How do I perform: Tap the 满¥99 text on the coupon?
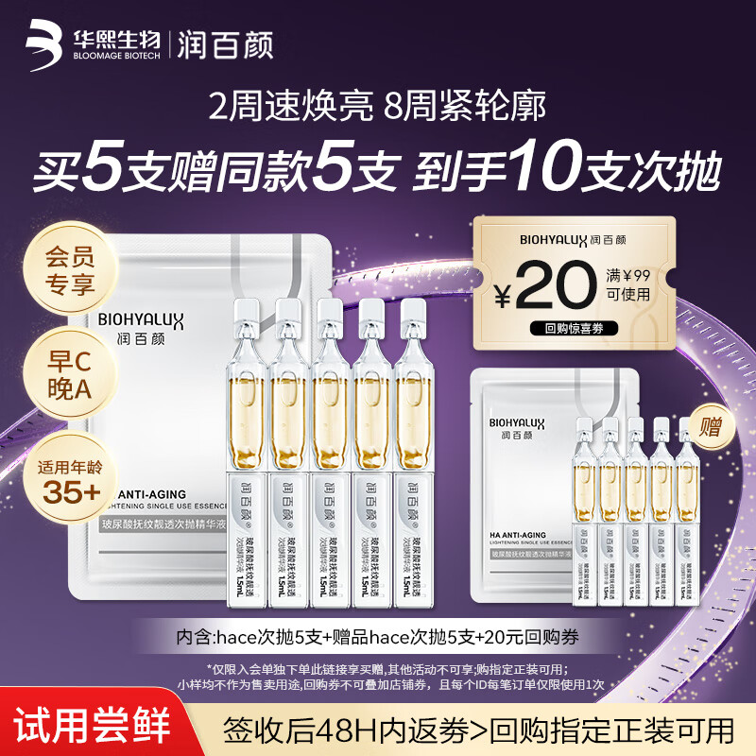tap(628, 276)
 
